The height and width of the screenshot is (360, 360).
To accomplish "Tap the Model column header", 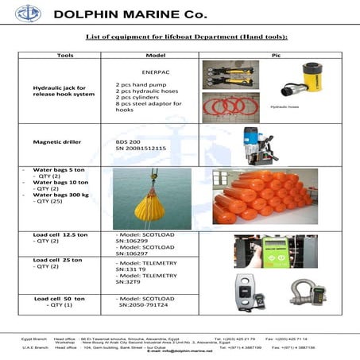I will click(155, 56).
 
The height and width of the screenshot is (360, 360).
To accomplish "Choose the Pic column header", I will click(273, 56).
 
